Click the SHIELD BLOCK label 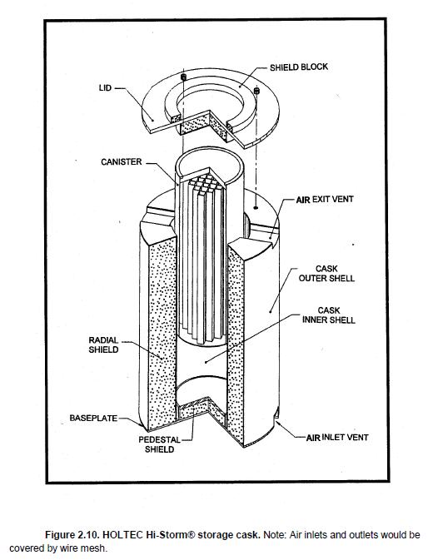(x=299, y=67)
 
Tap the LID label (x=105, y=88)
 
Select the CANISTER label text (x=122, y=162)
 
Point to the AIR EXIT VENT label (x=325, y=199)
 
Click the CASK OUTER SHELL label (x=326, y=274)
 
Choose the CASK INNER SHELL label (x=329, y=315)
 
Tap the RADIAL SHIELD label (x=103, y=345)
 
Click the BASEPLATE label (x=93, y=418)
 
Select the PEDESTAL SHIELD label (x=159, y=444)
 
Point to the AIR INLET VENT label (x=337, y=437)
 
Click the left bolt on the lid (x=183, y=77)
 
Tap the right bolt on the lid (x=256, y=91)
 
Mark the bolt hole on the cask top (x=256, y=207)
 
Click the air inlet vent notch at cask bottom (x=276, y=414)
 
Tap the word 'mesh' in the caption (x=96, y=548)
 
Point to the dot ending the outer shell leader (x=271, y=311)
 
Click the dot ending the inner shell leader (x=206, y=362)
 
